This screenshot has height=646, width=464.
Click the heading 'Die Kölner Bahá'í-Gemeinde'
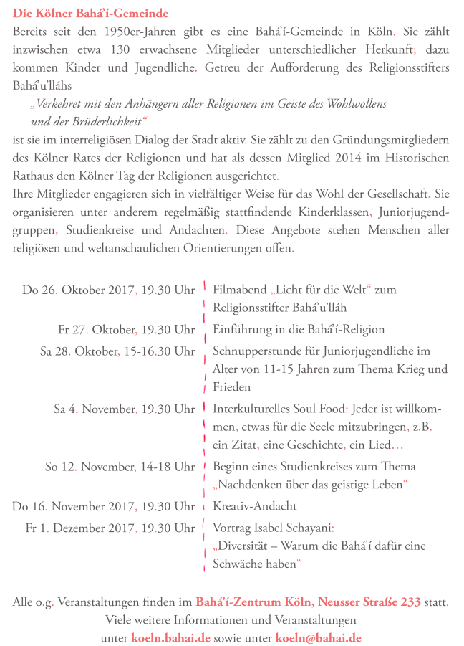tap(91, 13)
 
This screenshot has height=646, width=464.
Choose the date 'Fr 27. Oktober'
tap(97, 330)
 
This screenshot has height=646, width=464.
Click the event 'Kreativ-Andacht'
tap(255, 506)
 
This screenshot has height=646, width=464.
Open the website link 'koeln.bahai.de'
tap(170, 637)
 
